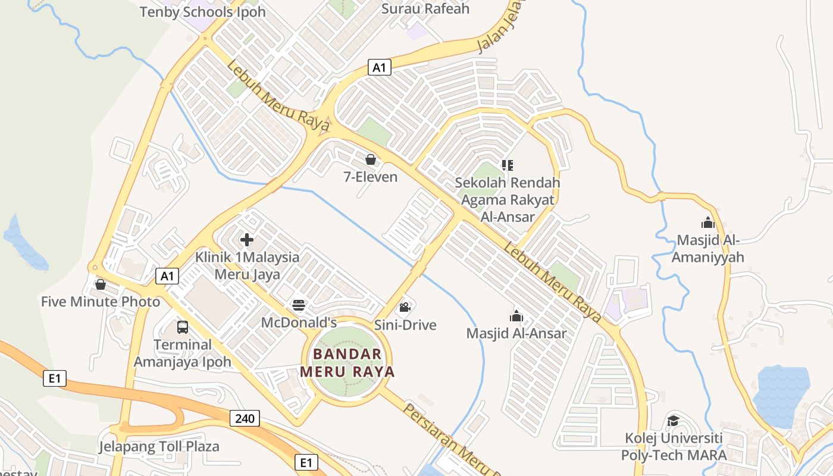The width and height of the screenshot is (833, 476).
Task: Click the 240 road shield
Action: tap(245, 418)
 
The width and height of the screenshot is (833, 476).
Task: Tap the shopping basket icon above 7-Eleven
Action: tap(371, 159)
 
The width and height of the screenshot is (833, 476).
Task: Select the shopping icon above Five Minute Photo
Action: tap(101, 284)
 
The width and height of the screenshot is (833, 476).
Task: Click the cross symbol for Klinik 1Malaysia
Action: tap(247, 240)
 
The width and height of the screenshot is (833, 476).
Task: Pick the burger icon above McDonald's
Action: tap(299, 306)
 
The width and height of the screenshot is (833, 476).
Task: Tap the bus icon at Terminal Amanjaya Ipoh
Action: tap(183, 327)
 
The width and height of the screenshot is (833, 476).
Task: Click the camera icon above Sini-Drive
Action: tap(405, 308)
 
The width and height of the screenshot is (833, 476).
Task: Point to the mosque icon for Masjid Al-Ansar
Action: tap(516, 316)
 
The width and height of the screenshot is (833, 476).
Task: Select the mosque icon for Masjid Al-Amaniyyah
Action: tap(708, 223)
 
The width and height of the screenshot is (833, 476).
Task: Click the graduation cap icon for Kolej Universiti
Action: tap(673, 421)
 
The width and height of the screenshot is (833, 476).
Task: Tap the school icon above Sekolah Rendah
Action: tap(507, 165)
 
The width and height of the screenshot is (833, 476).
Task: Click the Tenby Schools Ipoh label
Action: tap(203, 12)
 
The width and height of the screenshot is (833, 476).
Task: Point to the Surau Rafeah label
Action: tap(425, 9)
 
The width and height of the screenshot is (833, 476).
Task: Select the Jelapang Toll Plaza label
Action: tap(159, 446)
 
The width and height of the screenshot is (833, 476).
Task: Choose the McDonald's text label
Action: tap(299, 322)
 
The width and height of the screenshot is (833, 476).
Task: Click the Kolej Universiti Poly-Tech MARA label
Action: tap(674, 447)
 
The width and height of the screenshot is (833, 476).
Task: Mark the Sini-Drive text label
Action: tap(405, 325)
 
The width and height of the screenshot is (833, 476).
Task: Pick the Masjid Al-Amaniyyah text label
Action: tap(708, 249)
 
